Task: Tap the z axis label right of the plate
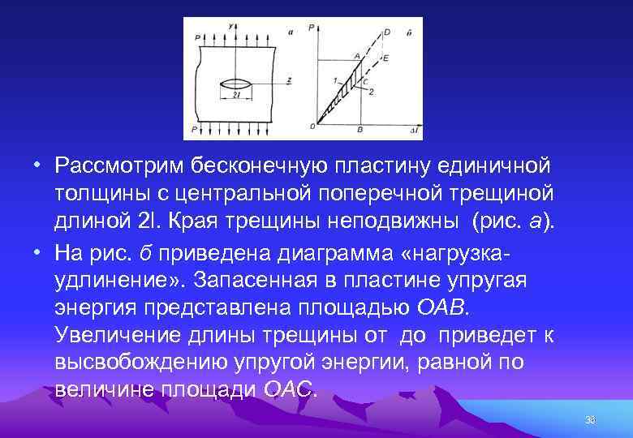pos(289,79)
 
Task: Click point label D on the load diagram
pos(385,32)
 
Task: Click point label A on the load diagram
pos(355,54)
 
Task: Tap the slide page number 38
pos(589,420)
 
